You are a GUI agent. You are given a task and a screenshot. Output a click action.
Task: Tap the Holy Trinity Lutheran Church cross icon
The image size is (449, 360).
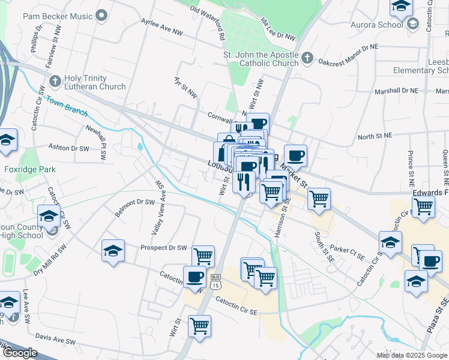(x=55, y=80)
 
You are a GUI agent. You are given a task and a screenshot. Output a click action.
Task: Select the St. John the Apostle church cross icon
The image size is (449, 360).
(x=307, y=58)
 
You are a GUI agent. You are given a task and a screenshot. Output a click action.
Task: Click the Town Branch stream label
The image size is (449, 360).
(x=67, y=107)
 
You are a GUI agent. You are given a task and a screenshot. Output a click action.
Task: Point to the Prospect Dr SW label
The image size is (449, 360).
(x=164, y=247)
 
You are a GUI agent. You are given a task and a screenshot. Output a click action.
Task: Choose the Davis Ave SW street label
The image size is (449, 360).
(x=56, y=341)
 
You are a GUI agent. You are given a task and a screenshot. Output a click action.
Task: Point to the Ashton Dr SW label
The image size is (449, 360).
(x=68, y=148)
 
